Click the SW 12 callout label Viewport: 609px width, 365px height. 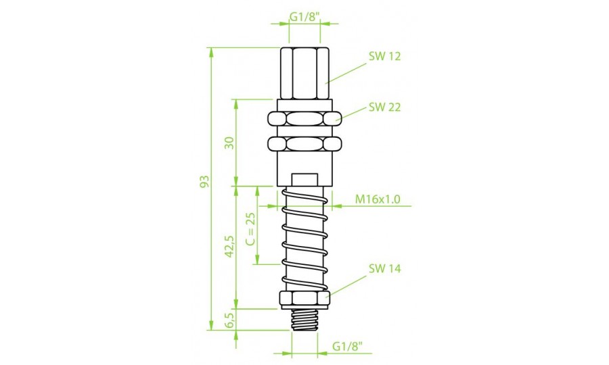tap(384, 57)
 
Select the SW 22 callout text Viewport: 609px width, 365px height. tap(384, 107)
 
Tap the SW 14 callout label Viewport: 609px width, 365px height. tap(384, 268)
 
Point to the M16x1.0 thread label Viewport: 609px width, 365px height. tap(378, 199)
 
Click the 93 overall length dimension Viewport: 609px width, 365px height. tap(204, 182)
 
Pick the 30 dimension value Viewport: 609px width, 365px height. tap(230, 143)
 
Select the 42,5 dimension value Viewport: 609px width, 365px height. tap(230, 247)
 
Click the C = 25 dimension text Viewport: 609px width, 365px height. tap(251, 229)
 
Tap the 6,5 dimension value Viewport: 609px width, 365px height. tap(230, 320)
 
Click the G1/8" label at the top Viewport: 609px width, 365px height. tap(304, 17)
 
